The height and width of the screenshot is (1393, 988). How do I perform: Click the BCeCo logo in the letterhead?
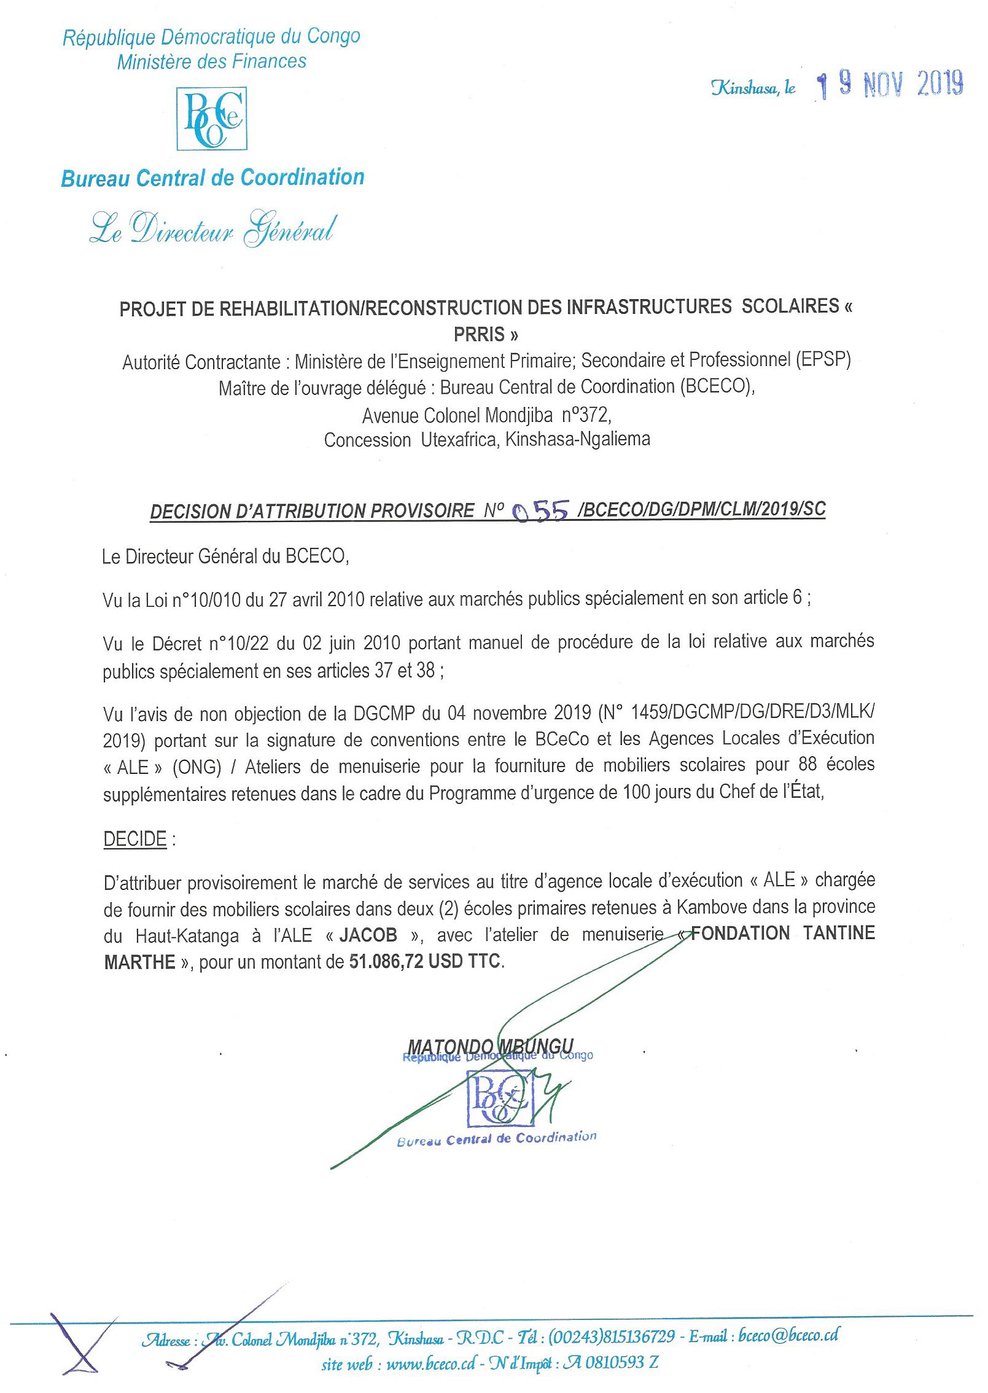point(212,119)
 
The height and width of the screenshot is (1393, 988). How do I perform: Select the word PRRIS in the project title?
point(486,335)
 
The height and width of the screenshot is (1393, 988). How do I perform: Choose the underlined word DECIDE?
point(135,839)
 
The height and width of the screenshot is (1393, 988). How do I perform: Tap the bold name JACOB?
point(368,935)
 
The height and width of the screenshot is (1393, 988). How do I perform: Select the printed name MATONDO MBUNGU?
point(491,1046)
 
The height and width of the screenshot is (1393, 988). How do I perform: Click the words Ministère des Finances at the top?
point(212,61)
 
